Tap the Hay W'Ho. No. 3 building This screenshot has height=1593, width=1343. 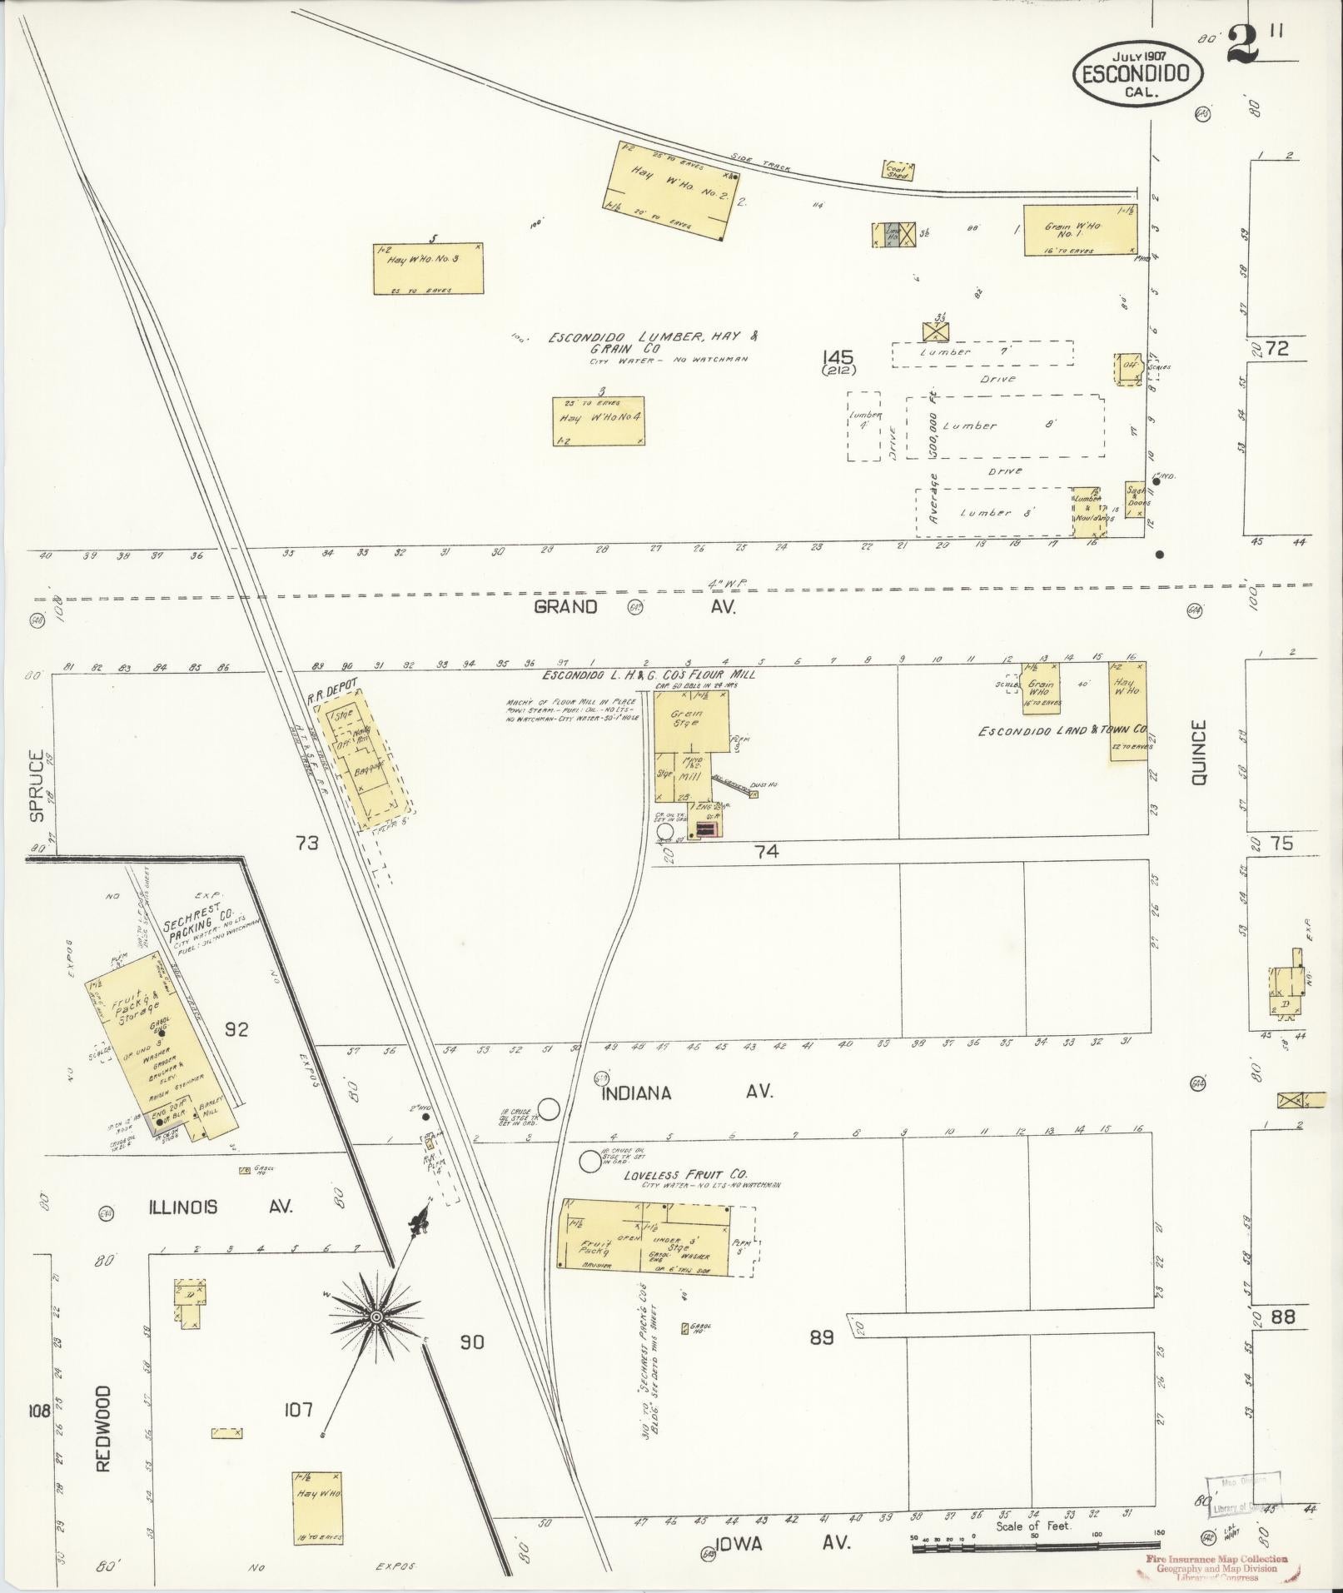click(x=428, y=268)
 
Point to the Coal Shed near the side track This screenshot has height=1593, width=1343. click(x=898, y=170)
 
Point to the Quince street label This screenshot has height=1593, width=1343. click(x=1199, y=754)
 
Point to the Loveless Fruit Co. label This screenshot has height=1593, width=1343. click(x=686, y=1174)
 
